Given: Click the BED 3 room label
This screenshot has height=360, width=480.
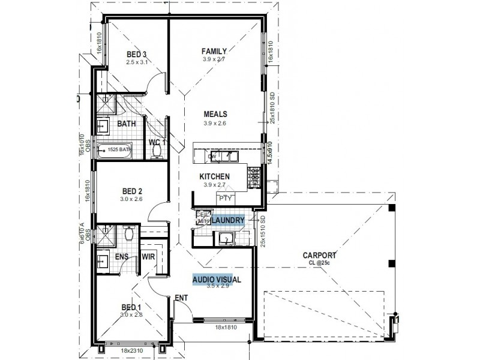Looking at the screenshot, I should coord(136,54).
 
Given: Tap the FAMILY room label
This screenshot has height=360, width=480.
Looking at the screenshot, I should coord(214,52).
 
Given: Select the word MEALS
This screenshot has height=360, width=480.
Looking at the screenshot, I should coord(215,114).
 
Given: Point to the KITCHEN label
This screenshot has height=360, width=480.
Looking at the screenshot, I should coord(215,176).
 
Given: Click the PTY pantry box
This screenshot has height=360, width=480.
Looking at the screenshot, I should coord(225,197).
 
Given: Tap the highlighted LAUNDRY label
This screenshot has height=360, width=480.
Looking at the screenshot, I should coord(227,221).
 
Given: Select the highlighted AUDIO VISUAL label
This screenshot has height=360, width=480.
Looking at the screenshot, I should coord(216,279).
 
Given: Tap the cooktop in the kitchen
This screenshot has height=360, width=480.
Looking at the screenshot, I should coord(254,175).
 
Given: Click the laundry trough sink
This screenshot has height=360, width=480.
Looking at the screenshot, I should coord(226,239).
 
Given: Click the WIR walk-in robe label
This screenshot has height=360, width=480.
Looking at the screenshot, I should coord(148,257).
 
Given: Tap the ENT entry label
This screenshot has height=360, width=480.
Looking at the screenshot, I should coord(180,297).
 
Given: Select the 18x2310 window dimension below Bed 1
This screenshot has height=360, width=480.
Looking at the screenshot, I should coord(128,349).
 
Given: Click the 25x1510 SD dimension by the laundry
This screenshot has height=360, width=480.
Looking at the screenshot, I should coord(263,230).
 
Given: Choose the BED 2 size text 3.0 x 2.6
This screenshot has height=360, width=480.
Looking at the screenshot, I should coord(131,199).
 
